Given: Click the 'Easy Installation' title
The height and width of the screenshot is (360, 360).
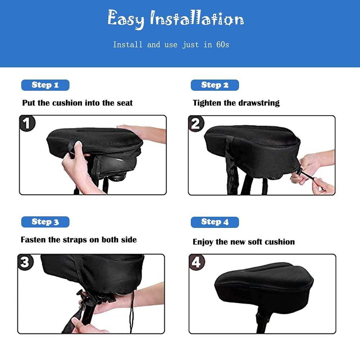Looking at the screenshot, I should (x=175, y=19).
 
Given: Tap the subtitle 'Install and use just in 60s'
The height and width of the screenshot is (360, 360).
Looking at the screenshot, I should (x=171, y=45).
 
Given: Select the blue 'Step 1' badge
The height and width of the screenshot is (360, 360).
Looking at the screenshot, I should (x=45, y=85).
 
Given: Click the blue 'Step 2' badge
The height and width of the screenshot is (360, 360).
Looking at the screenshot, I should (x=215, y=85).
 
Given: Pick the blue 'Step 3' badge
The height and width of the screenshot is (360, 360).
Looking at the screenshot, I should (x=45, y=222).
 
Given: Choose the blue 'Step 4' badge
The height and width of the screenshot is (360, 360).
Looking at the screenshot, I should (x=215, y=222).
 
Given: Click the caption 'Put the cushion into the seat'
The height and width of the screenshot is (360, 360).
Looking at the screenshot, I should (x=77, y=103).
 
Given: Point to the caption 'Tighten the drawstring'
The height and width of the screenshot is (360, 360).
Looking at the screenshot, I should (x=236, y=103).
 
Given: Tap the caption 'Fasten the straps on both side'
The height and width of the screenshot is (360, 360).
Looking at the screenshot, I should (x=78, y=240).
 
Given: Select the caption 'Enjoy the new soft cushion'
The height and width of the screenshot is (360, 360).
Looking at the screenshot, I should (x=244, y=242).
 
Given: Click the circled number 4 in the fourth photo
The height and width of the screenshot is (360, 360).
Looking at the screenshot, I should (x=196, y=262).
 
